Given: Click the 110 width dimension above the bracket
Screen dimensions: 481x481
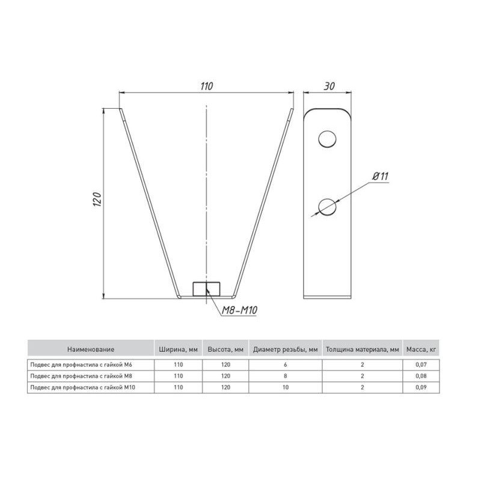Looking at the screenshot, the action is pyautogui.click(x=206, y=86).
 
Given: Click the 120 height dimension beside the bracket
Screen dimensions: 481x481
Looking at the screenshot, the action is pyautogui.click(x=97, y=200).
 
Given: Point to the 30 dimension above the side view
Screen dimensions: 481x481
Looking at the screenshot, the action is pyautogui.click(x=329, y=86).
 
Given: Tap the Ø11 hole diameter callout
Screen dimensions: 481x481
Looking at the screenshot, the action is pyautogui.click(x=381, y=176).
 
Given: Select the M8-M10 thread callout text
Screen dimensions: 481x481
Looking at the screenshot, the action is pyautogui.click(x=239, y=310).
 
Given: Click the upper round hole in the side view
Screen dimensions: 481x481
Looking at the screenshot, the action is pyautogui.click(x=327, y=139).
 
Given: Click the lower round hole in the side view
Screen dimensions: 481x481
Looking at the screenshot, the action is pyautogui.click(x=327, y=206).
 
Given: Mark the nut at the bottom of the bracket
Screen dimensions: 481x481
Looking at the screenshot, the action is pyautogui.click(x=206, y=289).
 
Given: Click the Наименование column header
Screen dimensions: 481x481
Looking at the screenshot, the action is pyautogui.click(x=91, y=349).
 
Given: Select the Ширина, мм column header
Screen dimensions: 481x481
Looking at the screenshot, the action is pyautogui.click(x=178, y=349).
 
